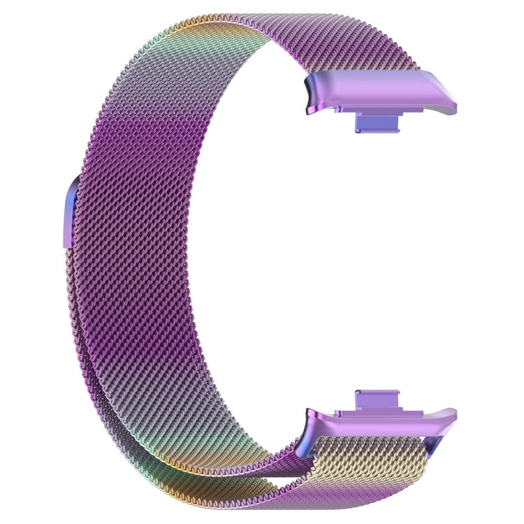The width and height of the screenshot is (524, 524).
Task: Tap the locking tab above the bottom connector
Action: click(378, 400)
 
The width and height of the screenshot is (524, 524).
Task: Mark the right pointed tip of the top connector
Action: click(453, 108)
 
